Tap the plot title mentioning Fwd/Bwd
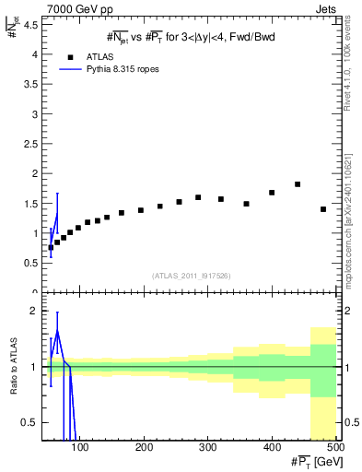(190, 37)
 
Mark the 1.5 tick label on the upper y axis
(31, 203)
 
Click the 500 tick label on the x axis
(335, 447)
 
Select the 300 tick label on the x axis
(207, 447)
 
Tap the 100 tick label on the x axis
(80, 447)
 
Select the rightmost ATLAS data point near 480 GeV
(323, 209)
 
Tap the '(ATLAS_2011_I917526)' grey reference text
(191, 276)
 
